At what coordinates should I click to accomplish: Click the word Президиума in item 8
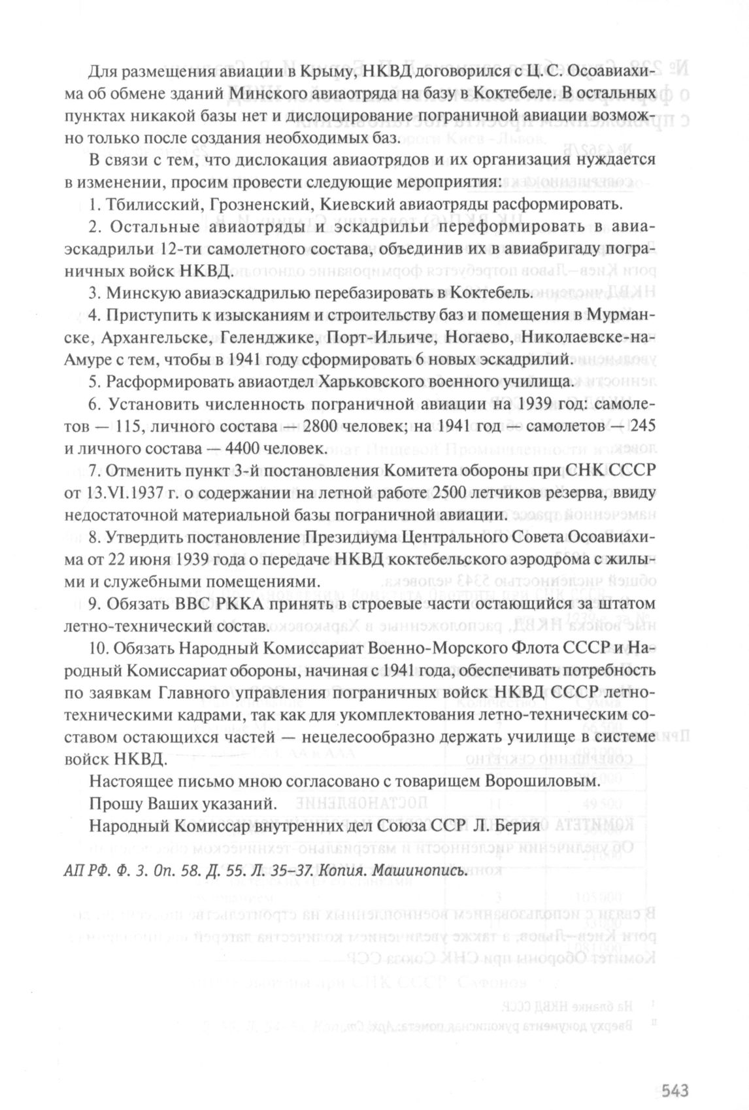tap(350, 537)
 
